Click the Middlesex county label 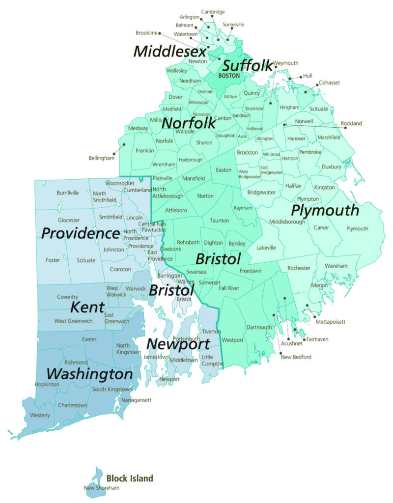coord(169,51)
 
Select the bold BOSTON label coord(229,76)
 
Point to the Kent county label coord(87,308)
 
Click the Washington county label coord(90,374)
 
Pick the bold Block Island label coord(130,478)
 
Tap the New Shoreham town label coord(101,488)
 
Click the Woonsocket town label coord(119,183)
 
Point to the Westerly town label coord(40,416)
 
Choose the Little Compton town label coord(211,360)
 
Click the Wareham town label coord(336,266)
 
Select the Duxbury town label coord(331,167)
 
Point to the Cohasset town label coord(329,83)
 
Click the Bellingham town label coord(101,158)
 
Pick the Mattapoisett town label coord(330,322)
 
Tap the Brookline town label coord(146,33)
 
